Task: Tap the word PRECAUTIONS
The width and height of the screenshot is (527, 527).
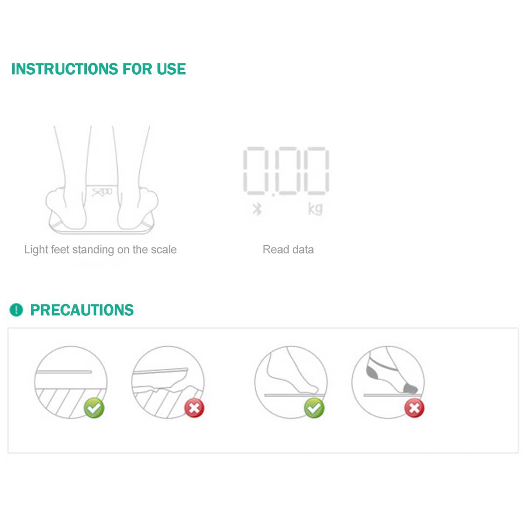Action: pos(82,310)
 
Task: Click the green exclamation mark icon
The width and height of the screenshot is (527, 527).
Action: pos(16,310)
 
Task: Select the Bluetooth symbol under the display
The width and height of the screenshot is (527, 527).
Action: pos(257,209)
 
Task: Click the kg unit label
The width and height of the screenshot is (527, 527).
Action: pos(315,208)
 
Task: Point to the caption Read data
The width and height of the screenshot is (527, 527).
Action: pos(288,250)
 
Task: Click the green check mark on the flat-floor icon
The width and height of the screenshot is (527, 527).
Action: pos(94,408)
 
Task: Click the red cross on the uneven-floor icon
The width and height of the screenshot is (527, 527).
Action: pos(194,408)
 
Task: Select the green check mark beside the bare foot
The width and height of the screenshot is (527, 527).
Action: pos(314,408)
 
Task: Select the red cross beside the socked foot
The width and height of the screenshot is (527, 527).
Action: pos(414,408)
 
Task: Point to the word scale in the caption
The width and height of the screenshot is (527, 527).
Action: pos(163,250)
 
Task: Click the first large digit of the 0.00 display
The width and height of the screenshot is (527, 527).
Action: pos(254,171)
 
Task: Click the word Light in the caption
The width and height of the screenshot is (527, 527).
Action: pos(36,250)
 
